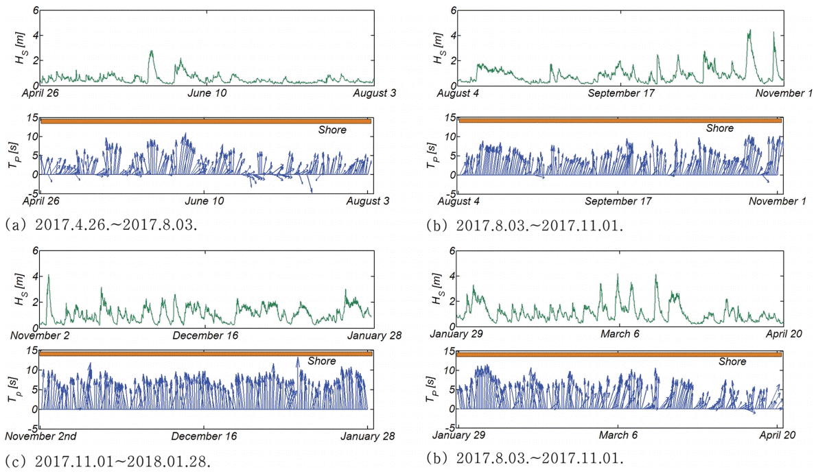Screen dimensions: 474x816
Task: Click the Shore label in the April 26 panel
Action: coord(332,130)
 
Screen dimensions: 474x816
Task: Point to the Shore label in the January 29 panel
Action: coord(733,362)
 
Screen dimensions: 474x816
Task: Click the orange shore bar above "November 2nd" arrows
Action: coord(206,353)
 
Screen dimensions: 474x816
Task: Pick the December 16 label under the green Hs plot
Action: coord(200,335)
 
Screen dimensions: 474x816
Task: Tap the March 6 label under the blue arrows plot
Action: coord(618,435)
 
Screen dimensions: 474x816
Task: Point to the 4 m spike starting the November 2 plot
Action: coord(48,276)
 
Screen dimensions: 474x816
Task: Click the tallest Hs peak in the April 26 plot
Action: coord(152,51)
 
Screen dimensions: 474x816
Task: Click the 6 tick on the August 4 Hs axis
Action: coord(452,10)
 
